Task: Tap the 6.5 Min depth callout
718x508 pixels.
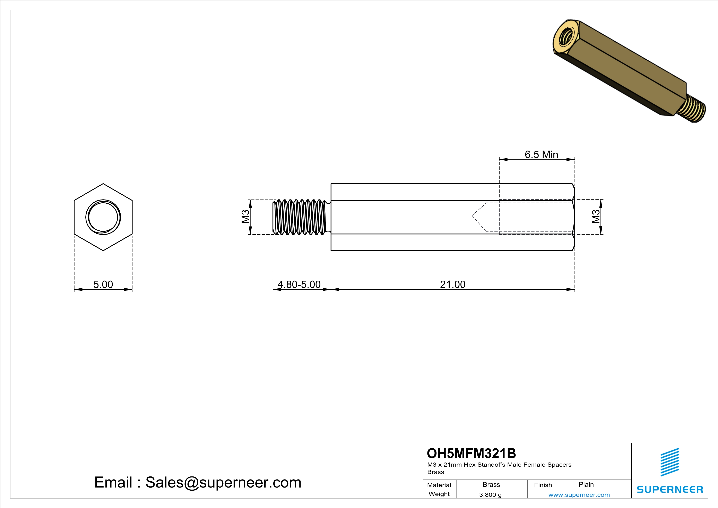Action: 541,154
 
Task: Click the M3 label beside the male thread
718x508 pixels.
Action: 245,217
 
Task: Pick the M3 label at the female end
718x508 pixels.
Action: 596,217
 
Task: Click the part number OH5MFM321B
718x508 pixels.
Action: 471,453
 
